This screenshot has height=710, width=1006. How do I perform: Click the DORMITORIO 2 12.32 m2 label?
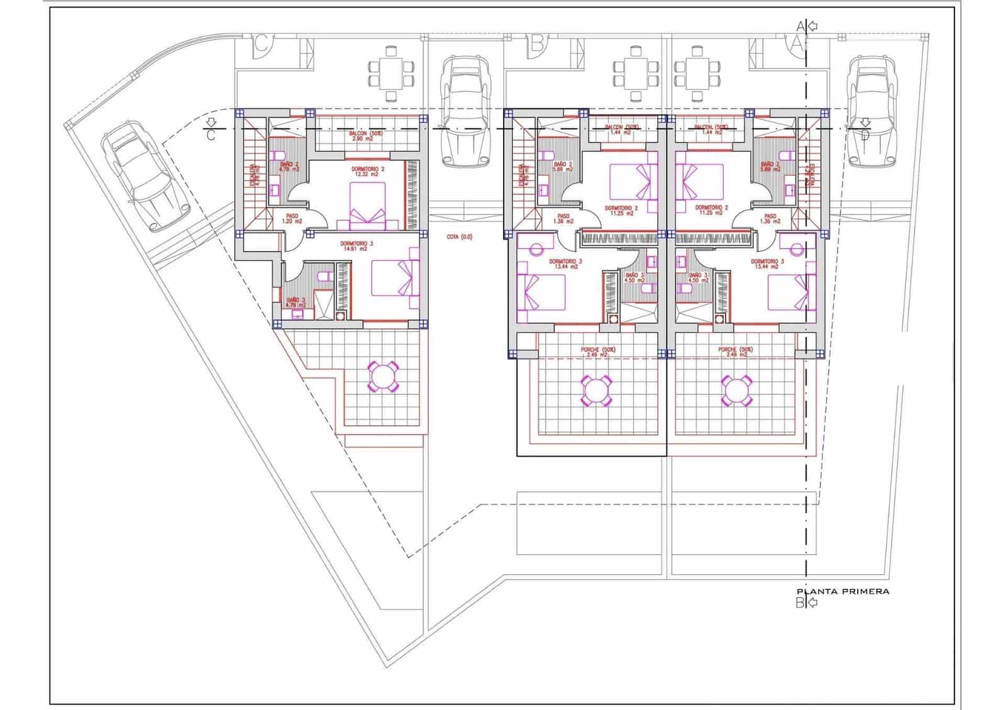368,172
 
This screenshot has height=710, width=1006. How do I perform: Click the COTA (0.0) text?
459,237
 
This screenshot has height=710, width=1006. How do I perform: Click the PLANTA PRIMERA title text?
843,591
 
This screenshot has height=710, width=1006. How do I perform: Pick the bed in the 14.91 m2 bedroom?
395,278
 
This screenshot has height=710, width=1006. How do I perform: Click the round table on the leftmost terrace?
382,377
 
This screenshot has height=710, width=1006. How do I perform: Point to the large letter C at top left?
263,44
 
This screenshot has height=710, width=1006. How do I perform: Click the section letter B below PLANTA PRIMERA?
800,603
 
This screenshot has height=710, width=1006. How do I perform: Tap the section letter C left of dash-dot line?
211,135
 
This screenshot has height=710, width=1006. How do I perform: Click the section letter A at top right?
800,26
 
